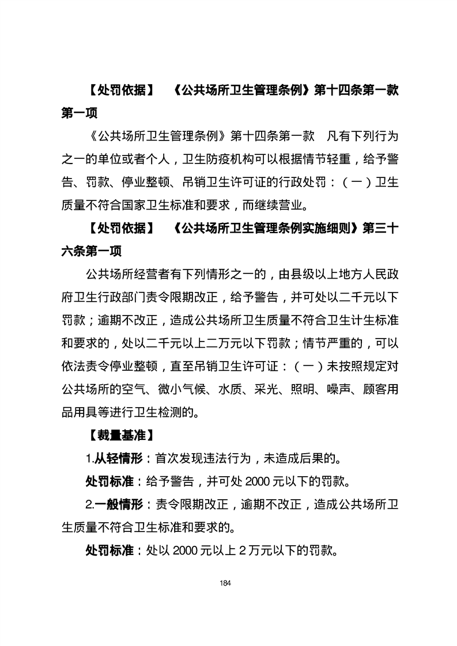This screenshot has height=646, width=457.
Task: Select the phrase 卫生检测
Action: [x=167, y=412]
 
